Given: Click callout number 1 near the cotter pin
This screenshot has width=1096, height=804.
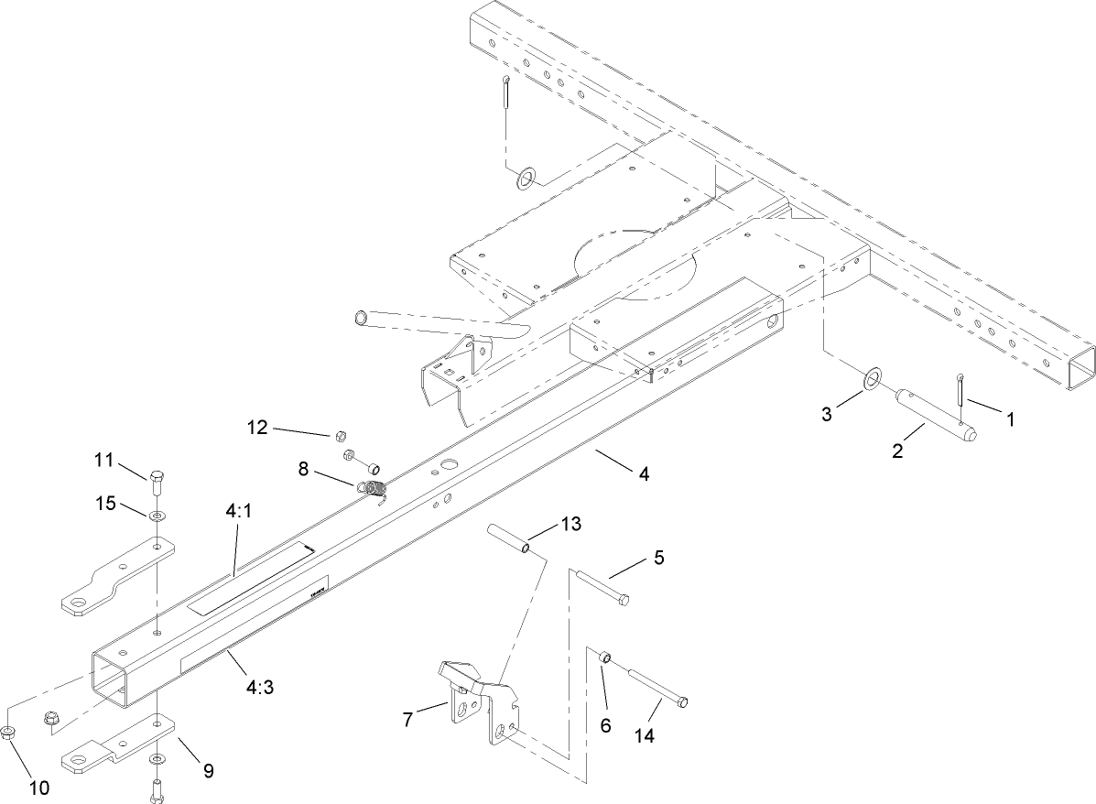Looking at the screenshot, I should pyautogui.click(x=1010, y=419).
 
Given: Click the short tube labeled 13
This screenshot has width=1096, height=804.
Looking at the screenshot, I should pyautogui.click(x=509, y=538).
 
